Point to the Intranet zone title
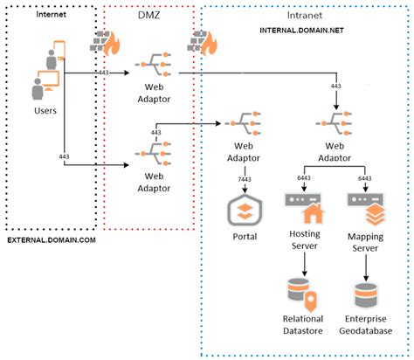(x=301, y=15)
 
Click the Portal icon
(x=243, y=211)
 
